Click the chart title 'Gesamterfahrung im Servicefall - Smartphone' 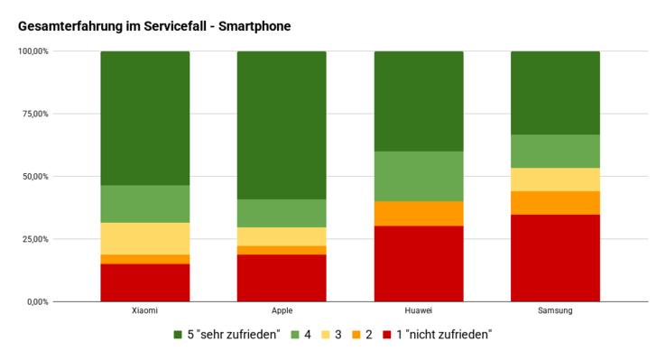pos(153,27)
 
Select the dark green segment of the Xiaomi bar pos(145,118)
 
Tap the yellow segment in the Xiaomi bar pos(145,238)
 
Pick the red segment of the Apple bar pos(282,278)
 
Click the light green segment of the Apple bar pos(282,213)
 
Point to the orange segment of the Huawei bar pos(419,213)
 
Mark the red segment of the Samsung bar pos(555,257)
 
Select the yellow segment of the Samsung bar pos(555,180)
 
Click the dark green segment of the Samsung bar pos(555,93)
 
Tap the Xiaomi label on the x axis pos(145,311)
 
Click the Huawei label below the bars pos(419,311)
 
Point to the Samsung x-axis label pos(555,311)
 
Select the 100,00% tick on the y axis pos(33,51)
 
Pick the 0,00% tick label pos(37,301)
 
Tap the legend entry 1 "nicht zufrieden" pos(440,335)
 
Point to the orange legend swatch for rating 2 pos(359,335)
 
